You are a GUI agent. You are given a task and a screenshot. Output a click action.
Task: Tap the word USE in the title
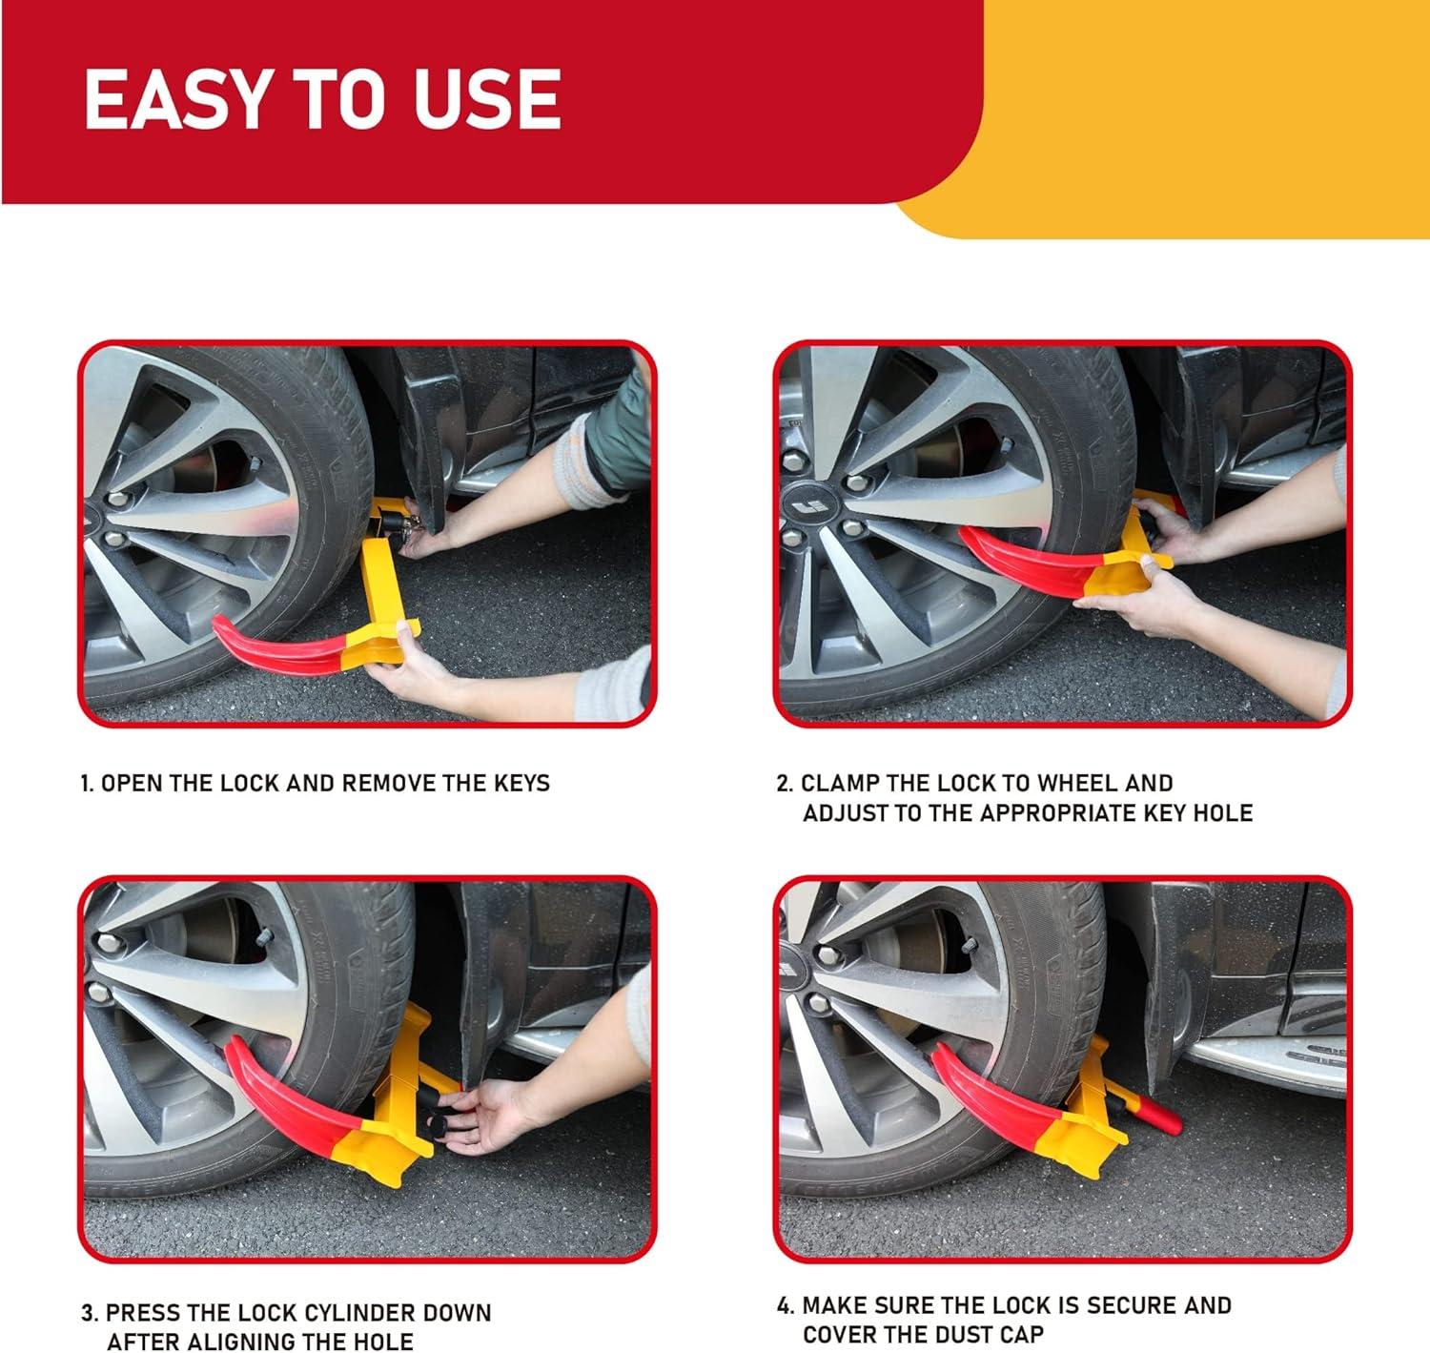point(486,99)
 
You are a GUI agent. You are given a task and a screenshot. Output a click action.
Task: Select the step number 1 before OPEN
point(86,784)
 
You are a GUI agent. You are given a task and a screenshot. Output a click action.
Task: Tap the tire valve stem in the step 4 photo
point(969,946)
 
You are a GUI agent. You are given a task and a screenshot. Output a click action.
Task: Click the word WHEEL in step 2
point(1075,783)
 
